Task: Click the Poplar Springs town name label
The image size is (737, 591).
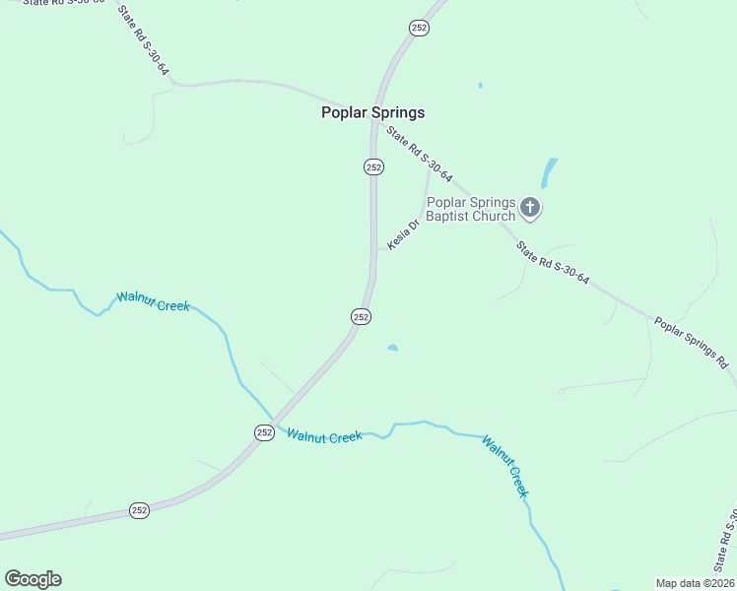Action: pos(372,112)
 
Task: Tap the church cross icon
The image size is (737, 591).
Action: pos(530,207)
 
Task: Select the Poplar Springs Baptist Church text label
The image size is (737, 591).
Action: pos(470,209)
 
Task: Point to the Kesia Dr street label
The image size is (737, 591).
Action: pos(404,234)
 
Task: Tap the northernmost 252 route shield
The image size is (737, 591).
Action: pos(419,29)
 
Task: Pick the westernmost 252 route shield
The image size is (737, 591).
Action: pos(139,510)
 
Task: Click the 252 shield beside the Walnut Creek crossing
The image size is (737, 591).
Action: pos(264,432)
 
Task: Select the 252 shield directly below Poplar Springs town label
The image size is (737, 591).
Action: pos(373,167)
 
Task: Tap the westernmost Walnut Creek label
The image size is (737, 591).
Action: pos(153,300)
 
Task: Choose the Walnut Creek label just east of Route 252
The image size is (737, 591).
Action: pos(324,434)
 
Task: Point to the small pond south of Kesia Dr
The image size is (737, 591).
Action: pos(393,348)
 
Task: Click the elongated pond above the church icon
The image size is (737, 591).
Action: pos(548,173)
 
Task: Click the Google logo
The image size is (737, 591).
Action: pos(33,579)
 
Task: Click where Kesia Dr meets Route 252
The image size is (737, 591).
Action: pos(374,248)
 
